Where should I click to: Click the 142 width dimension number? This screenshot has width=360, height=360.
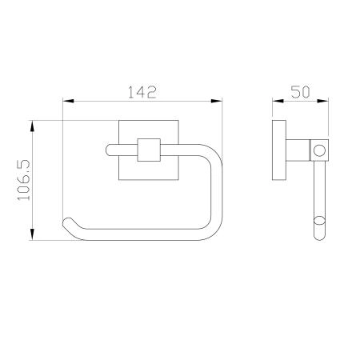pos(142,92)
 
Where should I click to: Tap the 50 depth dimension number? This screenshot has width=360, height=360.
pos(300,92)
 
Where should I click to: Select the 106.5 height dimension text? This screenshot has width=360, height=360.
pos(24,180)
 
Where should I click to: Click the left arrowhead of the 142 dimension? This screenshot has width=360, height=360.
pos(68,101)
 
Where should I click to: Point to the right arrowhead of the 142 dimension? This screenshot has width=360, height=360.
pos(216,101)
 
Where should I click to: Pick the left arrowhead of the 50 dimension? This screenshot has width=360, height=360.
pos(278,101)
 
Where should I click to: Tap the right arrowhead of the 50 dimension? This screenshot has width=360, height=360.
pos(322,101)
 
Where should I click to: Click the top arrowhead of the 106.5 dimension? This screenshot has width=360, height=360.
pos(32,126)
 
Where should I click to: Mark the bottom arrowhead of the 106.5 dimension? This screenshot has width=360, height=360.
pos(32,234)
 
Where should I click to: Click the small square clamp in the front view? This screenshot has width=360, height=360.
pos(149,150)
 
